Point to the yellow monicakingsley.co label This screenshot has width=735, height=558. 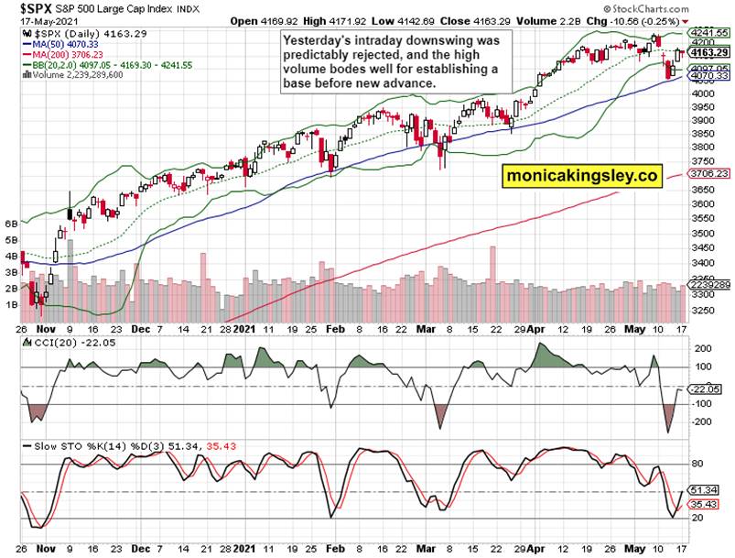click(581, 177)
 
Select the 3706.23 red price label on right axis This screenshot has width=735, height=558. click(708, 173)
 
